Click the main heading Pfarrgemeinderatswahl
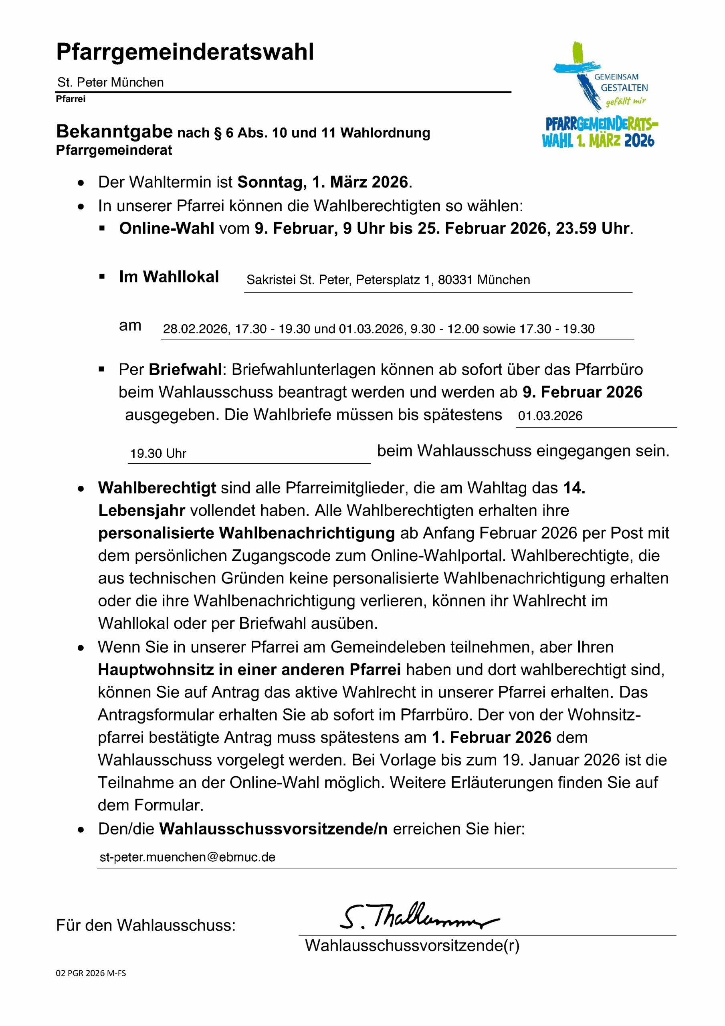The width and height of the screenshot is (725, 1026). (185, 52)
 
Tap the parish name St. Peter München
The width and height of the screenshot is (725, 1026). (110, 82)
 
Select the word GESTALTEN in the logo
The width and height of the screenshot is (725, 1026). (624, 88)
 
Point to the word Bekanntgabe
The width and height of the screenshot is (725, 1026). (115, 132)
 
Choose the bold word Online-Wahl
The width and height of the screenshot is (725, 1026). (166, 228)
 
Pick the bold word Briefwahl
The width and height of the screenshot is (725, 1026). (185, 370)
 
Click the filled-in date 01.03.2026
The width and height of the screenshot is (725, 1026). (550, 416)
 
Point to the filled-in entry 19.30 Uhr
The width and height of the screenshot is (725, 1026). (158, 454)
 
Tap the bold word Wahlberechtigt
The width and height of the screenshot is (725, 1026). (157, 488)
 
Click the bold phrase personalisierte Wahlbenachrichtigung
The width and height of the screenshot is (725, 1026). (246, 533)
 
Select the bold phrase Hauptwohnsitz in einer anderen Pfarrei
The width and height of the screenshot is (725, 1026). (249, 670)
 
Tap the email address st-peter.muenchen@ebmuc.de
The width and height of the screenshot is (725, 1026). (187, 857)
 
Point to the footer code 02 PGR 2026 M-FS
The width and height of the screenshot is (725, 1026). (91, 973)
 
